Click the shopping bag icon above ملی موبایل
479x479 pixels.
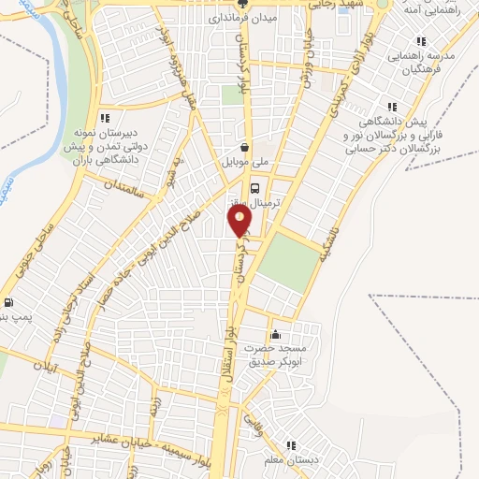point(244,147)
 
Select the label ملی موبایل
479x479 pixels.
point(244,163)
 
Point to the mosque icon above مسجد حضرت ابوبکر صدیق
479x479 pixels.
point(275,336)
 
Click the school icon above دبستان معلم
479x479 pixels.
point(292,444)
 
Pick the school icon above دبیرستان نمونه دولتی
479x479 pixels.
point(105,118)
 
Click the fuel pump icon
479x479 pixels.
point(8,301)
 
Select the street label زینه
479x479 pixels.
point(154,408)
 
